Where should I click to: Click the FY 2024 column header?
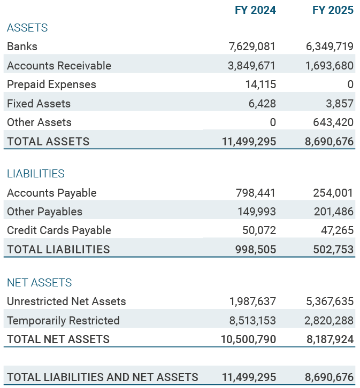[255, 10]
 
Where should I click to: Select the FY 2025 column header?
[333, 10]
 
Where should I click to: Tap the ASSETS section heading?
[27, 28]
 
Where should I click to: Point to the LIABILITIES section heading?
[36, 174]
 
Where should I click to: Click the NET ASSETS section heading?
[40, 283]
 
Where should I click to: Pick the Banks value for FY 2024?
[252, 46]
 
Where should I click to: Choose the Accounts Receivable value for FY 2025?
[330, 66]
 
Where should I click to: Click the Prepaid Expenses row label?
[51, 84]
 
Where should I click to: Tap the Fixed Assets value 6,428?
[262, 104]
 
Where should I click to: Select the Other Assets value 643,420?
[333, 122]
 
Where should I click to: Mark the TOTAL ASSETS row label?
[48, 142]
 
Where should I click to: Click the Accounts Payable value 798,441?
[256, 193]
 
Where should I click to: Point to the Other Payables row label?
[44, 212]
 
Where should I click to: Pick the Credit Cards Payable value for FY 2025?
[336, 230]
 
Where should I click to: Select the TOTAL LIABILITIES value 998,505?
[256, 250]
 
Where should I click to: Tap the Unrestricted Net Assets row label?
[66, 301]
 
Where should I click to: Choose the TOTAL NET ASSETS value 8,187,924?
[330, 339]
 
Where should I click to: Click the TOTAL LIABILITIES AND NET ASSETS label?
[102, 377]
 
